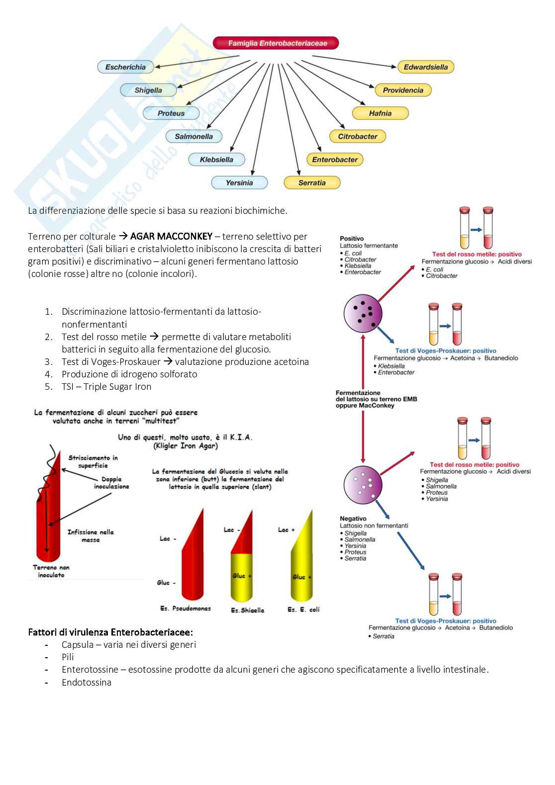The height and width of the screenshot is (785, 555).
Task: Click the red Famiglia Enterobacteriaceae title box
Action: click(276, 43)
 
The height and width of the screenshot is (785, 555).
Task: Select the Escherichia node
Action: click(125, 67)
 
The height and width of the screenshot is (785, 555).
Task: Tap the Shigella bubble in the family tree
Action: click(148, 90)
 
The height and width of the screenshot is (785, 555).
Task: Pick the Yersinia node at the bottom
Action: click(239, 183)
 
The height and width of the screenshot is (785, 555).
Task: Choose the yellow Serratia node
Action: click(312, 183)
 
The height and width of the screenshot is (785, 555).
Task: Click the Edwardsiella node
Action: click(426, 67)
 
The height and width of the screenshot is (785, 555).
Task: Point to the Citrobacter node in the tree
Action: click(358, 136)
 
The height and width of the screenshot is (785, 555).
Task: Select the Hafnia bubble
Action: click(380, 113)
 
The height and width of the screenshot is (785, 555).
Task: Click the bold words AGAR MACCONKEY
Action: click(171, 236)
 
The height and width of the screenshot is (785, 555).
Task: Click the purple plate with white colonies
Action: click(363, 485)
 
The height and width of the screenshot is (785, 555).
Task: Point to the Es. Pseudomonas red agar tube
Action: click(192, 557)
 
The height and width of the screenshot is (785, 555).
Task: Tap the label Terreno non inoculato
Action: click(51, 571)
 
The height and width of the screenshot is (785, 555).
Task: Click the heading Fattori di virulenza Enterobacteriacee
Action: click(110, 632)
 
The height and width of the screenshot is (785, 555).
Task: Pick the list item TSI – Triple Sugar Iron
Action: click(106, 387)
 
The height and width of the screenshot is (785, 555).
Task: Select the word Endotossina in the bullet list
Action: click(87, 682)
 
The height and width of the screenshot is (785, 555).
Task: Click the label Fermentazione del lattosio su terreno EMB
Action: click(376, 399)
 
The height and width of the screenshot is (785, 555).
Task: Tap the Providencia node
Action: click(403, 90)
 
